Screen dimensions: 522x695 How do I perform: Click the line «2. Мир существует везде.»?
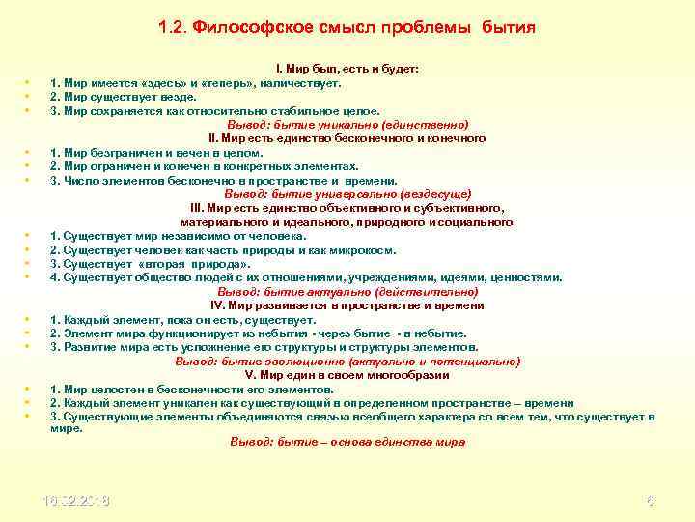123,97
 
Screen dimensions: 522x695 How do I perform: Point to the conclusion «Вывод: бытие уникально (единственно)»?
347,125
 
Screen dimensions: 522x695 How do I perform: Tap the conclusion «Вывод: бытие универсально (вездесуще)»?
347,194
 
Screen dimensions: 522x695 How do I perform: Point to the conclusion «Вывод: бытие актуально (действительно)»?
347,291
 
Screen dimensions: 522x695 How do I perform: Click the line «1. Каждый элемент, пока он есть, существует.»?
182,319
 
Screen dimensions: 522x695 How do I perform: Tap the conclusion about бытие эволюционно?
347,361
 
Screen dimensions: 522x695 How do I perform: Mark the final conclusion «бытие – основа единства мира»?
347,442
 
